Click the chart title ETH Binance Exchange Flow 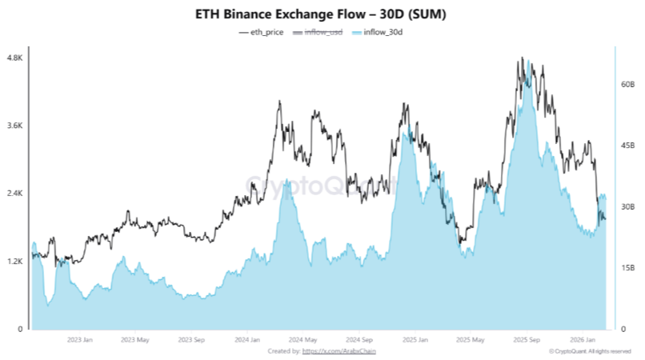[322, 14]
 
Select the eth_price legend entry [262, 32]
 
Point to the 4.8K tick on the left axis [14, 58]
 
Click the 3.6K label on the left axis [14, 126]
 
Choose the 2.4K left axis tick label [14, 194]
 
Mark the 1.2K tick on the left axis [14, 262]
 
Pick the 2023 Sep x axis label [191, 339]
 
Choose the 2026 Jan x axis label [585, 339]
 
